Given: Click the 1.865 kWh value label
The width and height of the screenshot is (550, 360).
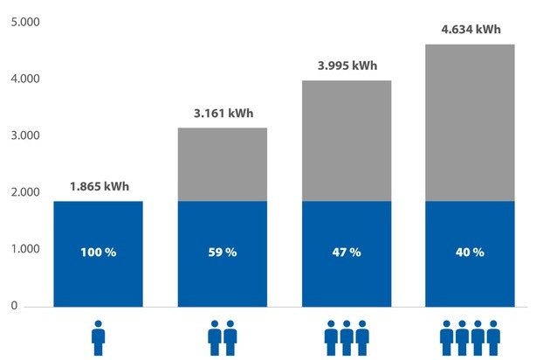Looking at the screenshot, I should [x=99, y=187].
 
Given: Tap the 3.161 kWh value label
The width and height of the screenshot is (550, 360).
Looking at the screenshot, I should [x=222, y=114].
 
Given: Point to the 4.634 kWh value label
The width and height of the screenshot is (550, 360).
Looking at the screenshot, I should [x=471, y=29].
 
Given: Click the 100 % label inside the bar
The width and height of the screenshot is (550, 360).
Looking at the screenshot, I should [x=99, y=253].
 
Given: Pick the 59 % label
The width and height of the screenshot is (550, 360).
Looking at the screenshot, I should [x=222, y=253].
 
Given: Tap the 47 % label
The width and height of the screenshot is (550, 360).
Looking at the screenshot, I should [x=346, y=253].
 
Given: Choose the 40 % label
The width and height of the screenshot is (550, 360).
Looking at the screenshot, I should [x=470, y=253].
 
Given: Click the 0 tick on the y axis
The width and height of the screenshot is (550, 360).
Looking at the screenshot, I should [x=15, y=306].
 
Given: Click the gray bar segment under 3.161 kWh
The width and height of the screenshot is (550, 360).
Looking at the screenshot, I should [x=222, y=164].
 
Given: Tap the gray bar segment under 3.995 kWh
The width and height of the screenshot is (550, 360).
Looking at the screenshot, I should [x=346, y=140].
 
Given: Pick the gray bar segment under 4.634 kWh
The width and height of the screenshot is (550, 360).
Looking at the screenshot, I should [x=470, y=122].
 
